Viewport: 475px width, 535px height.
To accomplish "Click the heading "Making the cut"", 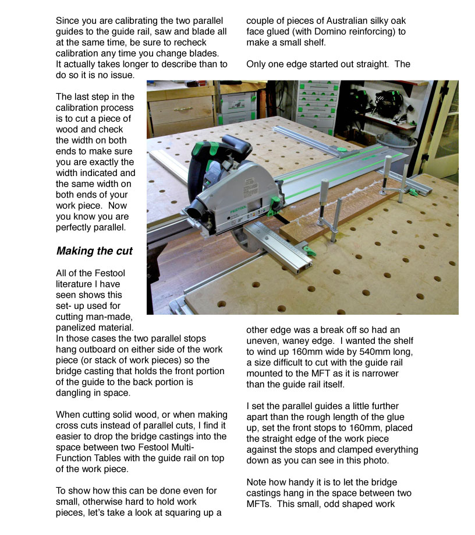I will click(94, 252).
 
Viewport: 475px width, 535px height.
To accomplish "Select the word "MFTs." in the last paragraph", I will click(259, 493).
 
